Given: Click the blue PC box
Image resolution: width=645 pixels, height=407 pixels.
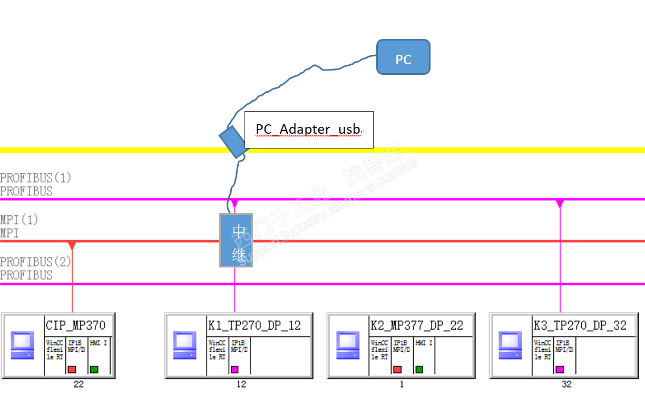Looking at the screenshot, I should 403,57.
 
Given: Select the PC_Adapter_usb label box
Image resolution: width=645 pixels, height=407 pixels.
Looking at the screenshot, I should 309,130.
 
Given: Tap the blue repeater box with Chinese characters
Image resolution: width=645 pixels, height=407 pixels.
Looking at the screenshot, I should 236,240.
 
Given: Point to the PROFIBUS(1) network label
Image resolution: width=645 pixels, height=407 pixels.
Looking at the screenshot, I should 35,178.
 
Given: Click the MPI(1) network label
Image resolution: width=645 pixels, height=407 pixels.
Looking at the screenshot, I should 19,220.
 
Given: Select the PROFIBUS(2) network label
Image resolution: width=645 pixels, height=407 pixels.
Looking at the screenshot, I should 35,262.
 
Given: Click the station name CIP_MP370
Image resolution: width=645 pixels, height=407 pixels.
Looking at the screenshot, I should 75,325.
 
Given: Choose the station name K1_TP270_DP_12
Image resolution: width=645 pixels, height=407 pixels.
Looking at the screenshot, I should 254,325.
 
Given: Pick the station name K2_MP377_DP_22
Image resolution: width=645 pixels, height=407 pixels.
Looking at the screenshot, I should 416,325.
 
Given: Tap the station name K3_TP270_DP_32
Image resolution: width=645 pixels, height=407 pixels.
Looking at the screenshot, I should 580,325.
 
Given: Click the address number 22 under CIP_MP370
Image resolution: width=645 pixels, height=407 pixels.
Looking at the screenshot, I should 79,384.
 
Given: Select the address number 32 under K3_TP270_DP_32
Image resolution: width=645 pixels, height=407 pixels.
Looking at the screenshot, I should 566,384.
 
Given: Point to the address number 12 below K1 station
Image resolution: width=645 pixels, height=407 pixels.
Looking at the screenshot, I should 241,384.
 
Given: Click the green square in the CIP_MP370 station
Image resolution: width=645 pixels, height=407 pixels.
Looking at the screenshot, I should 94,370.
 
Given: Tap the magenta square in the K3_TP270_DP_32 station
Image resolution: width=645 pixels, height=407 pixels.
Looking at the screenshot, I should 560,370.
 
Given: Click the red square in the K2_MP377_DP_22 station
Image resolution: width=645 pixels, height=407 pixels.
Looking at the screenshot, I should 397,370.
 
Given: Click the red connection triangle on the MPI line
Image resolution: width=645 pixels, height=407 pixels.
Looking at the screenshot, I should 72,245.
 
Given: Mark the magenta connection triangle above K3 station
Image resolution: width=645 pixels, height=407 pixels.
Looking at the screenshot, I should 560,203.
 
